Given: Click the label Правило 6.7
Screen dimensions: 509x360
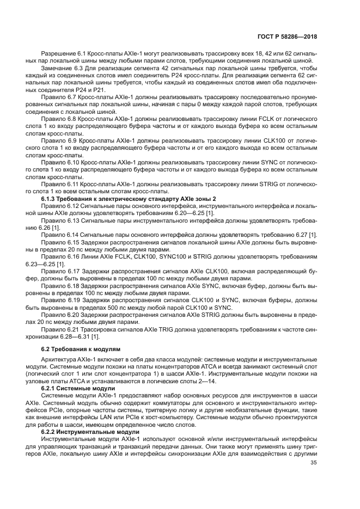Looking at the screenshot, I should (x=58, y=96).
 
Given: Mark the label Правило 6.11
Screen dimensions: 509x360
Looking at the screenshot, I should (x=59, y=185).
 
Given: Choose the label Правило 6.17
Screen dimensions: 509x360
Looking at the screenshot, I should (x=59, y=271).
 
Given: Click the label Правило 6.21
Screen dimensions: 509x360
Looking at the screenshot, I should (x=59, y=330).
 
